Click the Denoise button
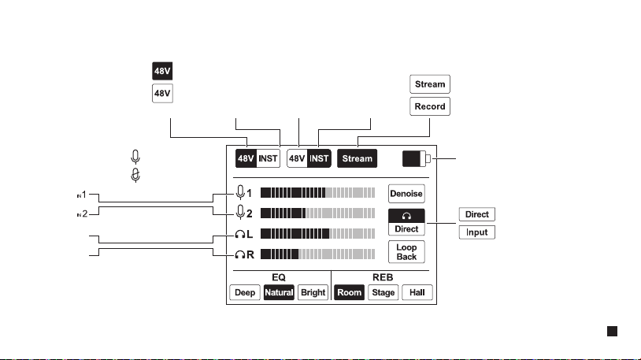(406, 194)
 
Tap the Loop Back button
(406, 252)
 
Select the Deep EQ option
(245, 292)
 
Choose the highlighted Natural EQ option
(279, 292)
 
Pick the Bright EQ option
(313, 292)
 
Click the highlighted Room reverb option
(349, 292)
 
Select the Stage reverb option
(383, 292)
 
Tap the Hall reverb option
(417, 292)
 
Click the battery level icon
(416, 158)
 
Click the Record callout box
(430, 106)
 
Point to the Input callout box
(476, 232)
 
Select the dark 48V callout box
(162, 71)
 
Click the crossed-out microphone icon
(135, 175)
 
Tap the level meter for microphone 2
(317, 213)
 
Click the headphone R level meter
(317, 254)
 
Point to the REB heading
(383, 277)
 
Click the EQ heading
(279, 277)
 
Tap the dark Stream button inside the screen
(357, 158)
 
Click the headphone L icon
(240, 234)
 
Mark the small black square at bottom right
(612, 332)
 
